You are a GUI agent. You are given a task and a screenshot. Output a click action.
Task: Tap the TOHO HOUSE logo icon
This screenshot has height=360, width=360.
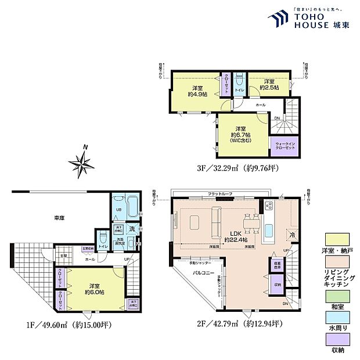(279, 19)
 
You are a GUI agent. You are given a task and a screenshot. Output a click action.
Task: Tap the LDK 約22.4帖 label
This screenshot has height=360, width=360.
(236, 236)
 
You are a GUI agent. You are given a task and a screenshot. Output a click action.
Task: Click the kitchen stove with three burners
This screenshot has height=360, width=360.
(269, 206)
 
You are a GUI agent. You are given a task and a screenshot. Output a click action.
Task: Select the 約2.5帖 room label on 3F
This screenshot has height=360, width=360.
(270, 84)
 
